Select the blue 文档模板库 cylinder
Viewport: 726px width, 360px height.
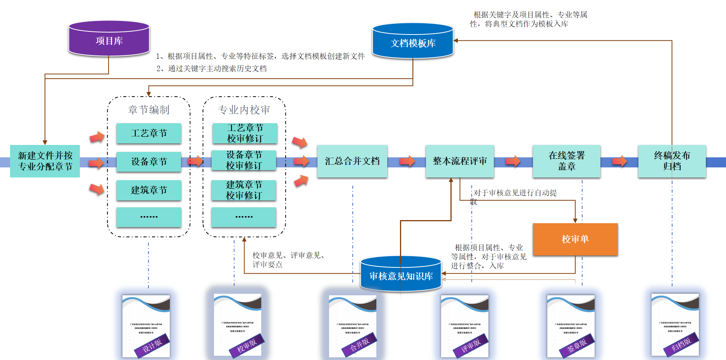(x=413, y=42)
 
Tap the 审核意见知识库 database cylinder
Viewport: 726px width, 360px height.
(x=401, y=275)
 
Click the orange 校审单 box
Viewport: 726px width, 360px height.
(x=575, y=239)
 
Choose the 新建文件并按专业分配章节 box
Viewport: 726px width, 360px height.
(x=45, y=161)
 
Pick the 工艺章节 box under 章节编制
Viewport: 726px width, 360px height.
(x=149, y=133)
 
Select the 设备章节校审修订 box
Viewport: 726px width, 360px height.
(x=244, y=160)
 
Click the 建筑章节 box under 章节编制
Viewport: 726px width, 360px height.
(x=149, y=190)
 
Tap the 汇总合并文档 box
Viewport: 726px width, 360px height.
(x=352, y=161)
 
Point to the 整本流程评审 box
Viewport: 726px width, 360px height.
(x=460, y=161)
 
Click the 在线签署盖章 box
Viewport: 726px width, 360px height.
(x=566, y=161)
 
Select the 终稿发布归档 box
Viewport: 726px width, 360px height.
(x=672, y=161)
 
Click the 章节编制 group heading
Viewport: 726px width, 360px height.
(x=149, y=110)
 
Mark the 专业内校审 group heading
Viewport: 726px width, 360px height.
(x=244, y=110)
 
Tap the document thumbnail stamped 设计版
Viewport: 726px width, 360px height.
(x=146, y=326)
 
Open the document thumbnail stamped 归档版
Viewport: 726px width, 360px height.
(x=675, y=325)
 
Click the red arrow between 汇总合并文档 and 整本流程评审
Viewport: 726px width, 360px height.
(x=407, y=161)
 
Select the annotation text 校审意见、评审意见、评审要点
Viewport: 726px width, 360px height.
(x=289, y=260)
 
